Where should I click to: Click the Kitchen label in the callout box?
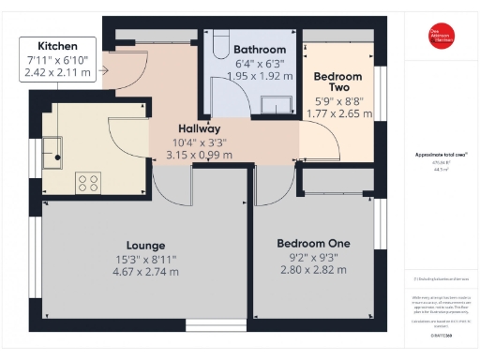(57, 46)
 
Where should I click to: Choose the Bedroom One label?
(313, 243)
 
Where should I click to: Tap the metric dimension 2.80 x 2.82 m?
(313, 270)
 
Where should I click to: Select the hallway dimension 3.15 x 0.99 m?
(199, 155)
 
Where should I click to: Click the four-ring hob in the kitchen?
(88, 180)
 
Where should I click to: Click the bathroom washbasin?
(277, 103)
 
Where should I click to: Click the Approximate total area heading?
(441, 154)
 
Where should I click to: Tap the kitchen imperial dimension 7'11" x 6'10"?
(57, 60)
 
